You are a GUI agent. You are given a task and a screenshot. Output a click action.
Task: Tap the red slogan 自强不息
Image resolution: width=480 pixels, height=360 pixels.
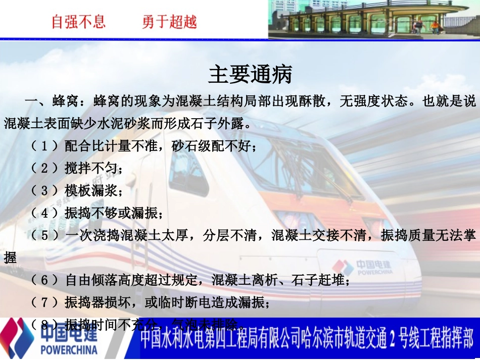pyautogui.click(x=79, y=22)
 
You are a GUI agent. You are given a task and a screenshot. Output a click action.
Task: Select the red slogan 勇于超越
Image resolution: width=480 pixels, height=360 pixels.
pyautogui.click(x=170, y=22)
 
